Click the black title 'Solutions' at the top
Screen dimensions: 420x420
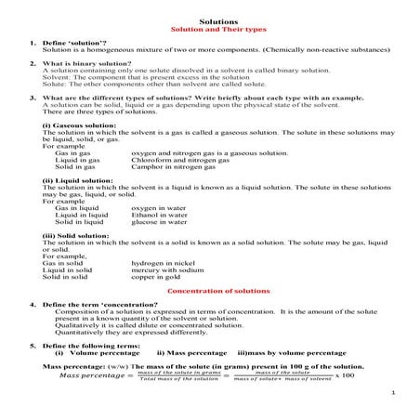209,18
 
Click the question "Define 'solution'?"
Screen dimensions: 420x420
73,43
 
